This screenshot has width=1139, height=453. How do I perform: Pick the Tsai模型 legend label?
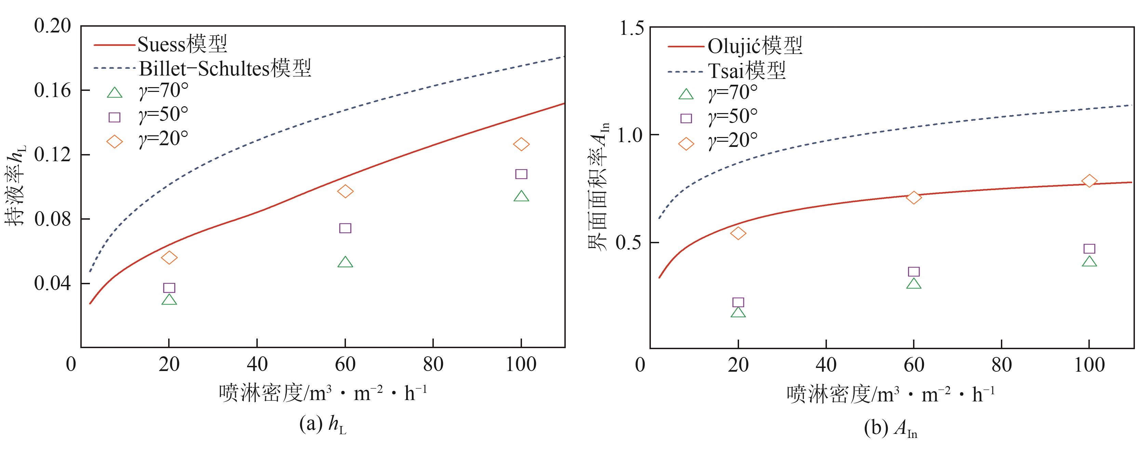pos(747,71)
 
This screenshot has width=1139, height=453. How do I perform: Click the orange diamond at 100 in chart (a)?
pos(521,144)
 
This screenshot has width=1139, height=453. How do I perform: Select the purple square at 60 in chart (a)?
pos(345,228)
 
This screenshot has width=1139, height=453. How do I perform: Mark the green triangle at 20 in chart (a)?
pos(169,300)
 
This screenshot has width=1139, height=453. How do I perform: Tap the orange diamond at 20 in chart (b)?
pos(738,233)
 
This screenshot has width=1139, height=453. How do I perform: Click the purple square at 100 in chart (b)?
pos(1089,249)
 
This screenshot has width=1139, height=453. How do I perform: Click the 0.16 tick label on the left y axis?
pos(52,90)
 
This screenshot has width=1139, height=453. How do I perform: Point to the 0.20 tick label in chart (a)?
pos(52,26)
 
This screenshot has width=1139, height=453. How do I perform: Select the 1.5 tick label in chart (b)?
pos(632,28)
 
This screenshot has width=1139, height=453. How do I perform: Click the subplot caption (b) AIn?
pos(890,429)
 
